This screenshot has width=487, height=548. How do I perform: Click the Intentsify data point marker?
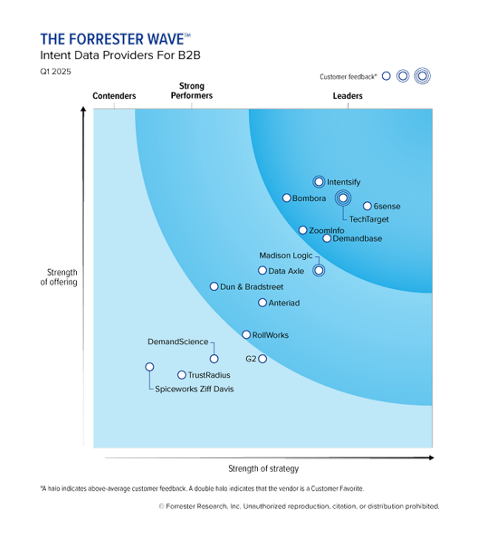pyautogui.click(x=319, y=182)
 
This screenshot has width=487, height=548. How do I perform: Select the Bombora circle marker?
pyautogui.click(x=287, y=198)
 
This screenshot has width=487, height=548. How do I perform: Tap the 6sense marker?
pyautogui.click(x=367, y=206)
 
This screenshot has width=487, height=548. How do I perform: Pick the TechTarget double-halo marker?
pyautogui.click(x=343, y=198)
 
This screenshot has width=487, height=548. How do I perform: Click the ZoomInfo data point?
pyautogui.click(x=303, y=230)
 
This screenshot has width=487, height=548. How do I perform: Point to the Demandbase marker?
pyautogui.click(x=327, y=239)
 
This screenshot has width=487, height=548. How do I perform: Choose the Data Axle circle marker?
pyautogui.click(x=262, y=271)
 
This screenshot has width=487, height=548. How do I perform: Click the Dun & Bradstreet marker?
pyautogui.click(x=214, y=287)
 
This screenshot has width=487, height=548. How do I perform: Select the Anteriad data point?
pyautogui.click(x=262, y=303)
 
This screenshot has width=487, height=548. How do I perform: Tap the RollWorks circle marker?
pyautogui.click(x=246, y=335)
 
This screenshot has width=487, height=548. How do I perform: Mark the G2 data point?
pyautogui.click(x=262, y=359)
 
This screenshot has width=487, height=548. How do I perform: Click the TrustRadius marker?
pyautogui.click(x=182, y=375)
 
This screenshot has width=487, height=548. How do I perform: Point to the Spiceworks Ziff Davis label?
pyautogui.click(x=194, y=389)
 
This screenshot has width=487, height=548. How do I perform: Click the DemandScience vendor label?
pyautogui.click(x=178, y=342)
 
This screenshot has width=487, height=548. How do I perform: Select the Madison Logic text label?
pyautogui.click(x=286, y=256)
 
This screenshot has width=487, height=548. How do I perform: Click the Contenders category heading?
pyautogui.click(x=114, y=96)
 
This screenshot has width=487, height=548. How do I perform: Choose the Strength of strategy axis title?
pyautogui.click(x=264, y=469)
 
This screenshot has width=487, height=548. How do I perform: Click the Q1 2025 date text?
pyautogui.click(x=56, y=72)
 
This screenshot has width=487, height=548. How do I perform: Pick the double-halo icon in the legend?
pyautogui.click(x=422, y=75)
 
